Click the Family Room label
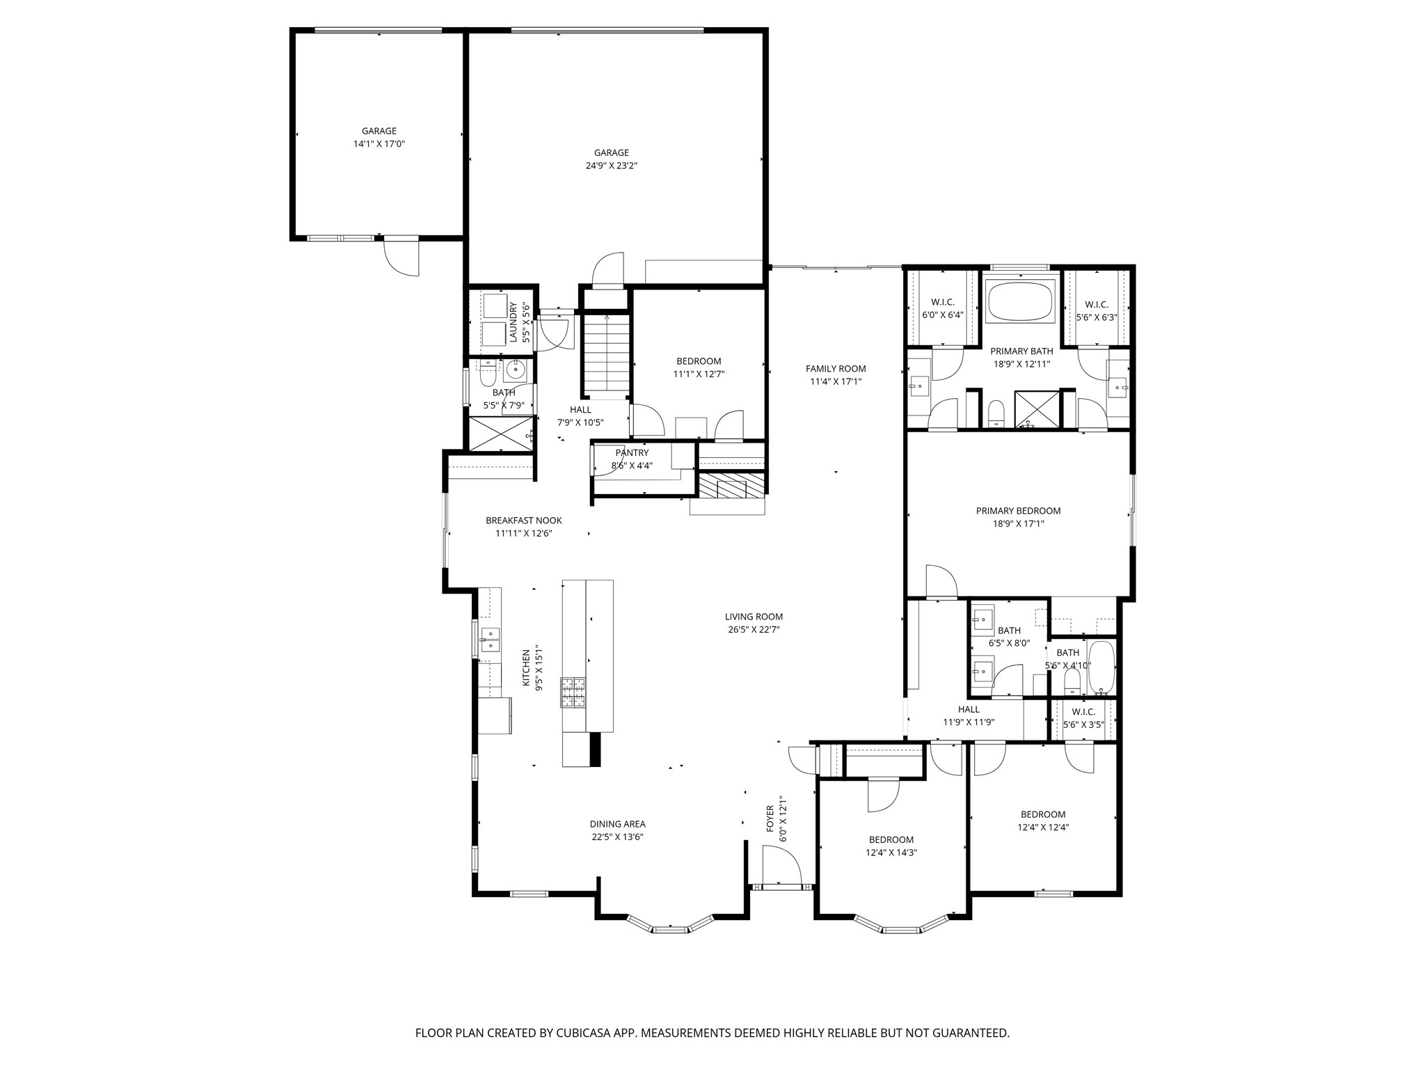836,369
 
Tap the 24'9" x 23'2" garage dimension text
611,166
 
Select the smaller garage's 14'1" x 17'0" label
379,144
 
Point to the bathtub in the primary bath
1021,301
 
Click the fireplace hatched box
731,487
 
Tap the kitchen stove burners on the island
573,692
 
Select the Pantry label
632,453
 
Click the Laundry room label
514,322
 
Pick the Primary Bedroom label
1018,511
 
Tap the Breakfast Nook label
523,521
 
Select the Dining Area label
617,824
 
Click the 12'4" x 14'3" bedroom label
891,853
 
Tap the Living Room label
754,617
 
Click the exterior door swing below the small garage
402,256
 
